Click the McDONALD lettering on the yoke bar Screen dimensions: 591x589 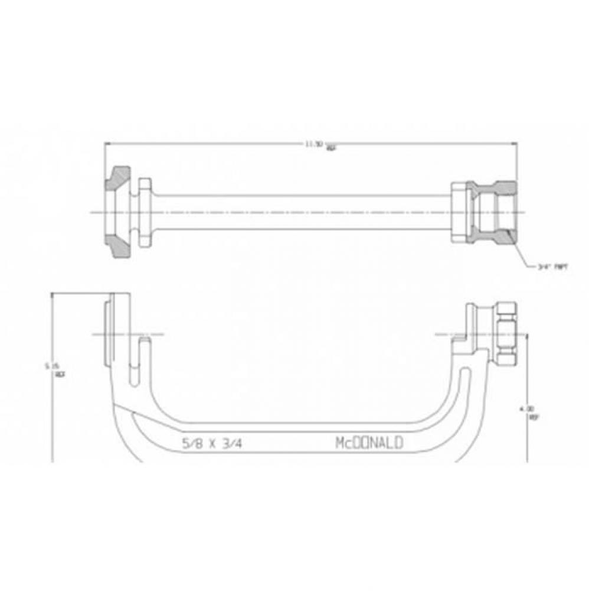coord(369,443)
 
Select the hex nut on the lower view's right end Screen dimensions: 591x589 coord(506,333)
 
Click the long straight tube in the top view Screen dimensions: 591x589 coord(301,212)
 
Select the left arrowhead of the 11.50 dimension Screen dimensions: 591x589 coord(107,143)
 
